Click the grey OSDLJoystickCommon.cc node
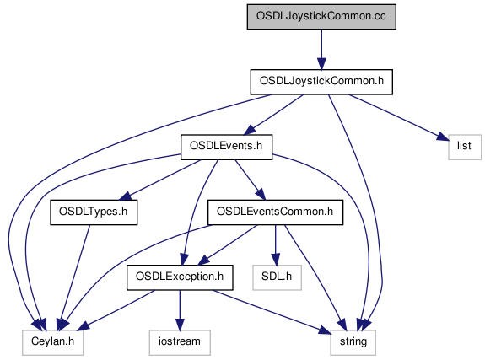[x=321, y=17]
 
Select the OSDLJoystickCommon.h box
[x=321, y=82]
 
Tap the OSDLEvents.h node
[x=226, y=147]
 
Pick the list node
[x=465, y=147]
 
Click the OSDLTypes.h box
[x=94, y=212]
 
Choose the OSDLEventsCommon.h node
[x=275, y=212]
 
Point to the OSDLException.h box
[x=180, y=277]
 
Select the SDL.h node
[x=277, y=277]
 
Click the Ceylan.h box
[x=52, y=342]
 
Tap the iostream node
[x=180, y=342]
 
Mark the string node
[x=353, y=342]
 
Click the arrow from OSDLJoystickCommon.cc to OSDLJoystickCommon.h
[x=321, y=50]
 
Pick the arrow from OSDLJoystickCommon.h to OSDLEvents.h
[x=273, y=115]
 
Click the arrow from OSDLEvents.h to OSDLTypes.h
[x=160, y=180]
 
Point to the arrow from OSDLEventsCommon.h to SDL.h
[x=275, y=245]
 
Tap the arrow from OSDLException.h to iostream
[x=180, y=310]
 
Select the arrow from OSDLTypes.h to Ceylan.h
[x=75, y=277]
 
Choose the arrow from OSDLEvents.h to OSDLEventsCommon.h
[x=251, y=180]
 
